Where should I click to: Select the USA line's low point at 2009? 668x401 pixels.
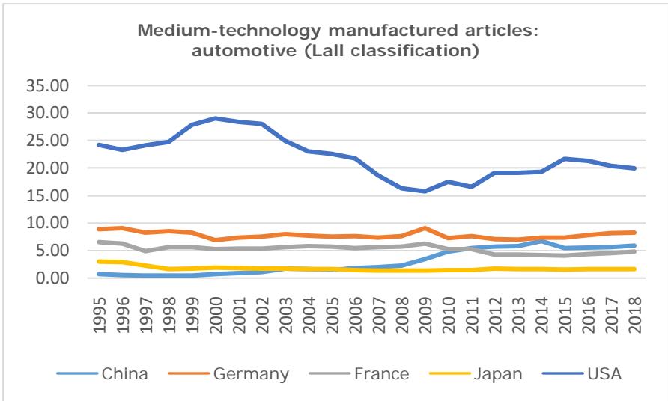point(425,191)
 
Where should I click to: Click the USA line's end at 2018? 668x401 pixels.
point(634,168)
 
